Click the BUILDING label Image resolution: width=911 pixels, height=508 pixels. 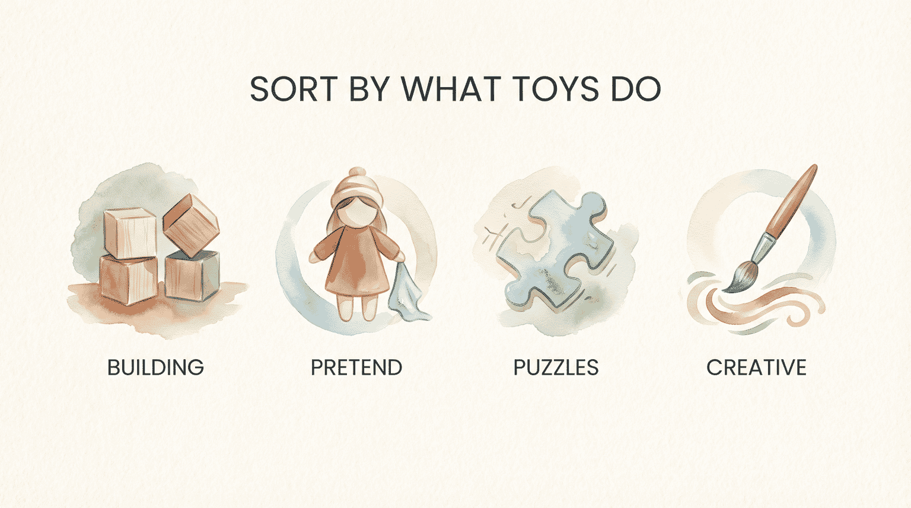[155, 368]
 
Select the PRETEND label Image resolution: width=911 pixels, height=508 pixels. [356, 368]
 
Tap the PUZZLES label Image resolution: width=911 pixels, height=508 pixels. [556, 368]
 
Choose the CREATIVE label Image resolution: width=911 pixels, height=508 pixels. [756, 368]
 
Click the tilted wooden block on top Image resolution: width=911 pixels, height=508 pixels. [191, 225]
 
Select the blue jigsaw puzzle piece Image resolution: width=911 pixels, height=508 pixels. [555, 249]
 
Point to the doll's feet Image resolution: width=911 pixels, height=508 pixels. [356, 311]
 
